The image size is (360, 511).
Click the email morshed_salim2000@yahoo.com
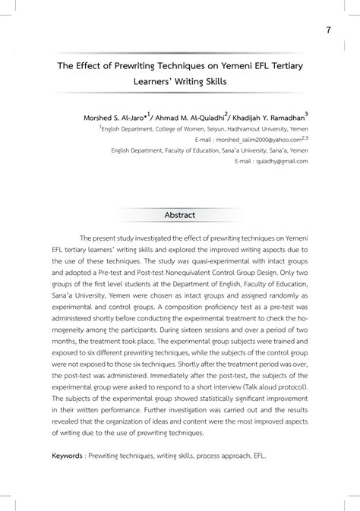point(255,140)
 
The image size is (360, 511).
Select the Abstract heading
point(180,215)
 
